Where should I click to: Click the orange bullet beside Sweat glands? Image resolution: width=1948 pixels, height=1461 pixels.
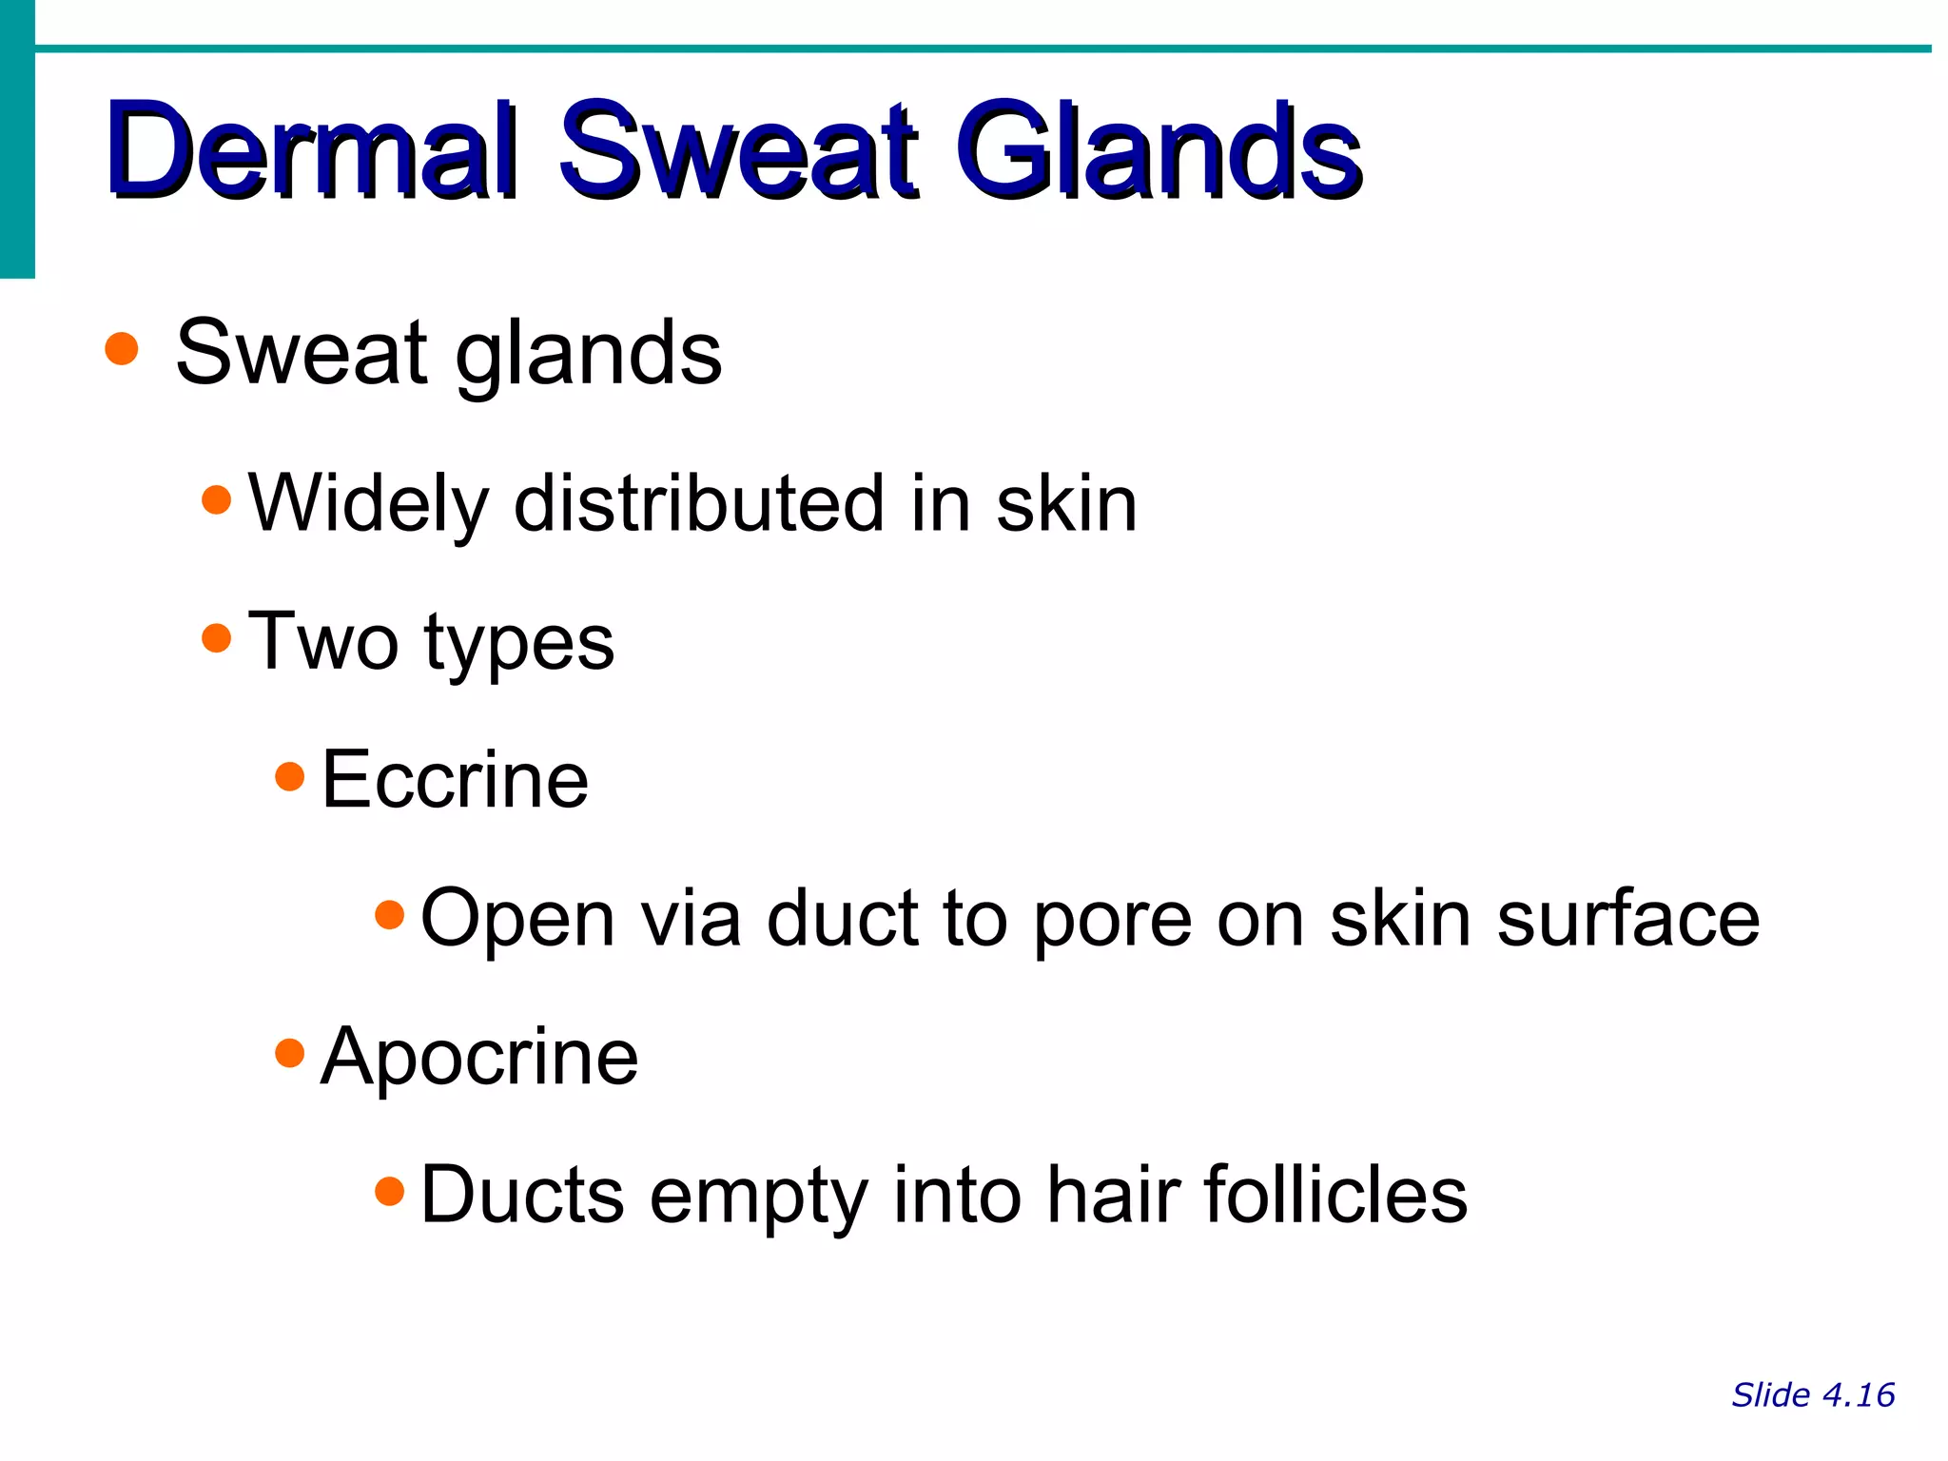point(122,349)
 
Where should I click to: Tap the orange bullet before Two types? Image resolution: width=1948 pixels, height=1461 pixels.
point(217,637)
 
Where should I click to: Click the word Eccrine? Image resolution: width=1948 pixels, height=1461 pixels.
point(455,779)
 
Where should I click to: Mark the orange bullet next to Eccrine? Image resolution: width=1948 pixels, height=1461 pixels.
point(289,777)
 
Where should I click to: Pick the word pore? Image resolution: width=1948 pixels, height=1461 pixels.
point(1112,921)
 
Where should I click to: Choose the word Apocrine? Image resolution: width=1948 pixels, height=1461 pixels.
point(479,1057)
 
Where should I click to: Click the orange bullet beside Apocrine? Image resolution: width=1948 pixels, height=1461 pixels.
point(289,1053)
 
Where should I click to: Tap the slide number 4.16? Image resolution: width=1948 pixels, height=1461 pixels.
point(1859,1394)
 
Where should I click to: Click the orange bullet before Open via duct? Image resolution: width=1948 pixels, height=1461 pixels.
point(390,915)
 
